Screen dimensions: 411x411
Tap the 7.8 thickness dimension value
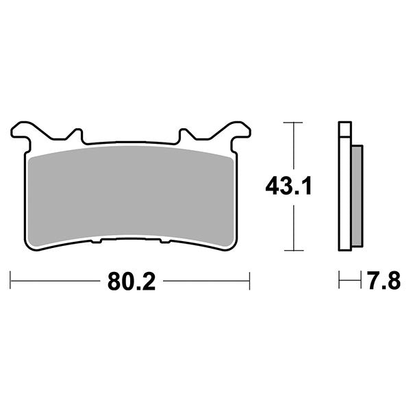[382, 280]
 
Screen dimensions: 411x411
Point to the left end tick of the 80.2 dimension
[11, 280]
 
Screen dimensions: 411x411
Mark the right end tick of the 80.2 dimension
[249, 280]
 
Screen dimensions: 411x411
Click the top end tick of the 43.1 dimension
[293, 123]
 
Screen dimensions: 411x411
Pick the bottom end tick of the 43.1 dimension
[293, 250]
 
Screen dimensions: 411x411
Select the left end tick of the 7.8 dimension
[340, 280]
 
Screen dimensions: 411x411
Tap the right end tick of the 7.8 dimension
[360, 280]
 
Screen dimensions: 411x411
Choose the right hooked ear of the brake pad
[237, 130]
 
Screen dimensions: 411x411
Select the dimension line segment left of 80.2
[55, 280]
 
